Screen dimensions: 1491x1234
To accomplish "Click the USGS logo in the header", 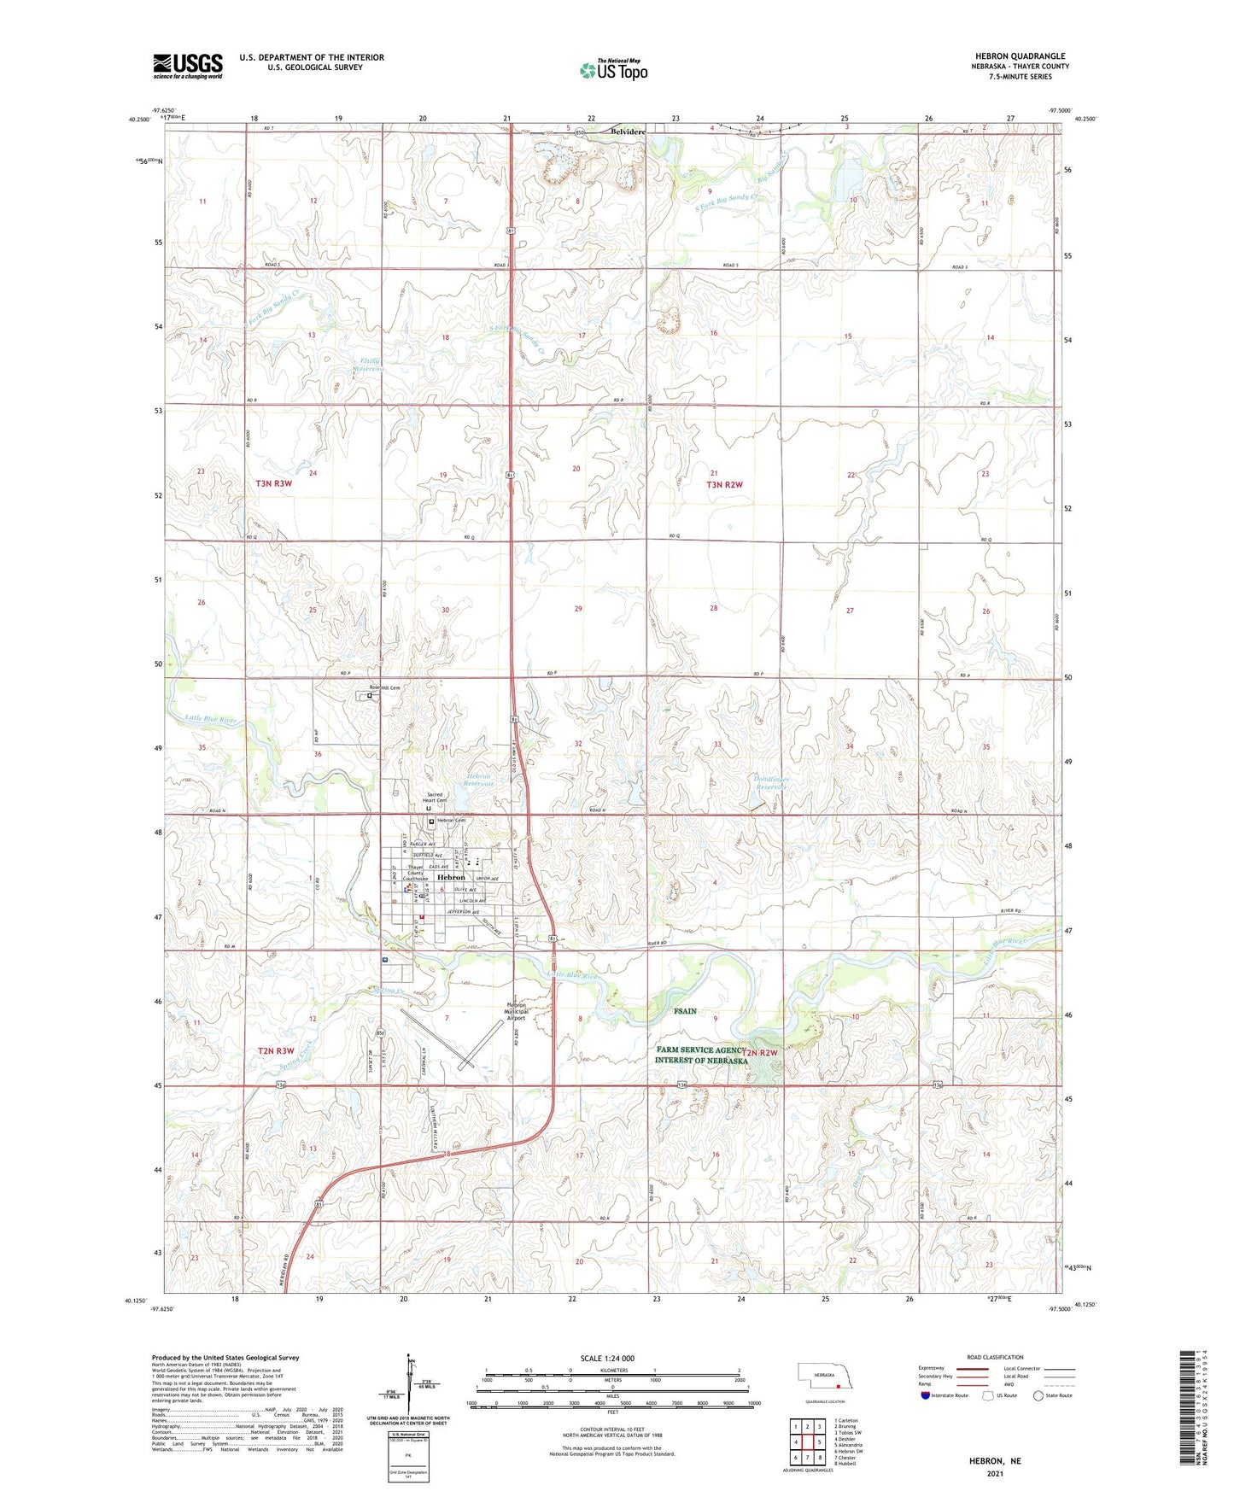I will (188, 66).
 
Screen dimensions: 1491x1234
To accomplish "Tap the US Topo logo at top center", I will (613, 69).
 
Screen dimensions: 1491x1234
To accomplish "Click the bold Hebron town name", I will (451, 877).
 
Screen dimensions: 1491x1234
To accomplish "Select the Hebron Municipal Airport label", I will (516, 1011).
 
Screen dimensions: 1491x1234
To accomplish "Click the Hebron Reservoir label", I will (479, 781).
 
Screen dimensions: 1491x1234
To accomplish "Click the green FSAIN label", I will (685, 1011).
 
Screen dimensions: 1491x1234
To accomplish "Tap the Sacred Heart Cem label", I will (436, 798).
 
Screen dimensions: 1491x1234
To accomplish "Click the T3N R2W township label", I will (724, 485).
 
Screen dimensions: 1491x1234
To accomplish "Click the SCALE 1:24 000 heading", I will (607, 1358).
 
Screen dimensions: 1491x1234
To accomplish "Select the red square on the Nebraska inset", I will (839, 1387).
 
